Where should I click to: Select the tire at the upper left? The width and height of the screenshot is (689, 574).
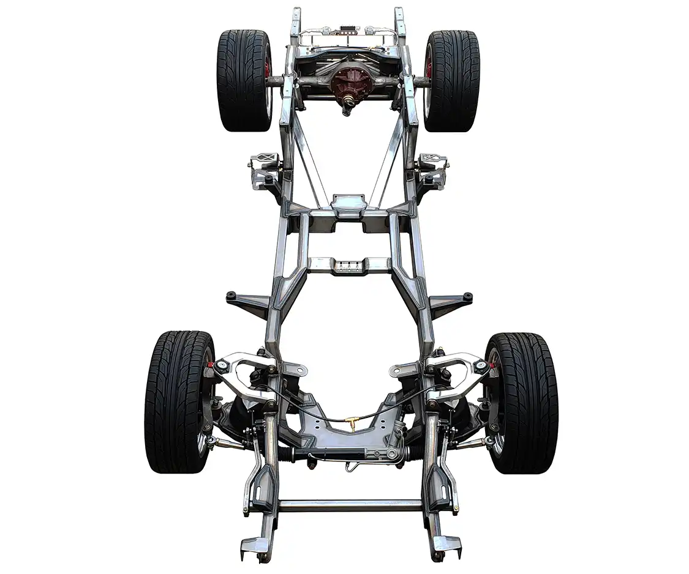[x=244, y=80]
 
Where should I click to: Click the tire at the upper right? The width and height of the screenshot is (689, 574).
[x=452, y=80]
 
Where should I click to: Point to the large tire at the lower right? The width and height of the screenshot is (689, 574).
[x=521, y=401]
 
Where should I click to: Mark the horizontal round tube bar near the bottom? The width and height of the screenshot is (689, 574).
[x=350, y=505]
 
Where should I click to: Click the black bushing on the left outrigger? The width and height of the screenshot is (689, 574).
[x=232, y=296]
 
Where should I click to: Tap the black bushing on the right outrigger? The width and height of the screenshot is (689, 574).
[x=467, y=296]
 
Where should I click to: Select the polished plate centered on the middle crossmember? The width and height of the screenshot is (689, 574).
[x=348, y=204]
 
